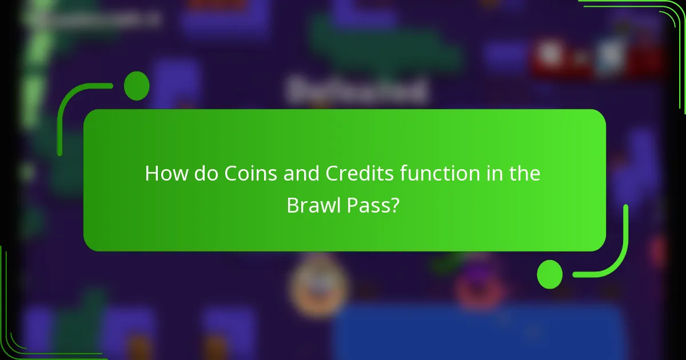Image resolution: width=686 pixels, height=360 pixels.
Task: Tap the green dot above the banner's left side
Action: (137, 86)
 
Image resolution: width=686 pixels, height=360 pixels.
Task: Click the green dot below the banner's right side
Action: (550, 274)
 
